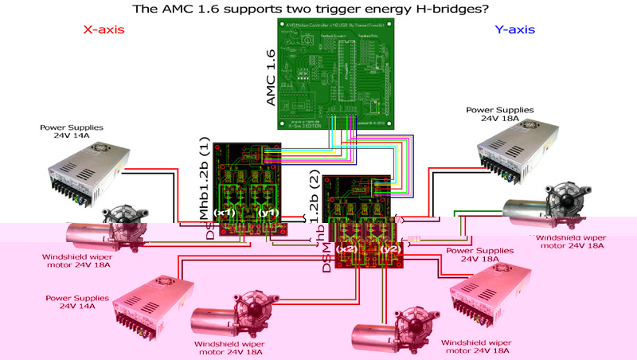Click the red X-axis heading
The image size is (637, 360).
coord(104,30)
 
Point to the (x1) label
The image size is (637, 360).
coord(226,213)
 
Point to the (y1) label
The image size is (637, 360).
coord(268,213)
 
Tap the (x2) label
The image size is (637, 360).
coord(346,249)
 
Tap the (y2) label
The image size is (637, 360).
coord(390,249)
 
